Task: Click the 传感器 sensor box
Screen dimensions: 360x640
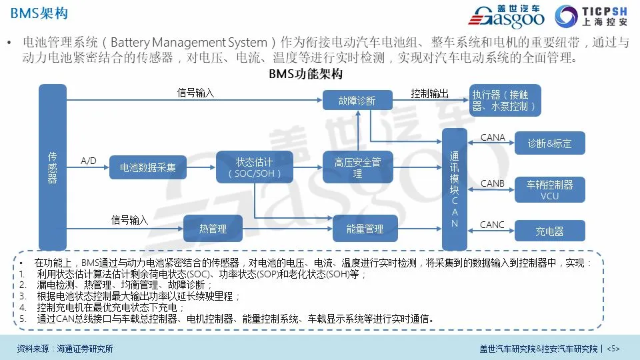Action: [53, 167]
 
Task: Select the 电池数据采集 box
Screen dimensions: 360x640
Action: [148, 167]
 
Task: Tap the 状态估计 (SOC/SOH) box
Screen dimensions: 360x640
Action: [255, 167]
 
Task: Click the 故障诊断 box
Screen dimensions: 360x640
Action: [357, 101]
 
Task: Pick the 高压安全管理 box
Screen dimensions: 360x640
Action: [357, 167]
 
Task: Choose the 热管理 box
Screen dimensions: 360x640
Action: [213, 229]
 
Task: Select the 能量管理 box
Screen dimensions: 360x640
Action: [365, 229]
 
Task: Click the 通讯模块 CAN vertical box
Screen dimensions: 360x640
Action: [455, 189]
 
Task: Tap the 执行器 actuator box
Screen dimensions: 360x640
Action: [505, 101]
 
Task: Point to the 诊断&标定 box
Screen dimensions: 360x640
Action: [549, 143]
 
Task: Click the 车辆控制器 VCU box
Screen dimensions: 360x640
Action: [549, 190]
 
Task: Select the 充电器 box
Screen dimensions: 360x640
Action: [549, 231]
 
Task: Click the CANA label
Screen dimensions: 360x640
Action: [493, 137]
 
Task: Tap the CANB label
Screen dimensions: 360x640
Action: [493, 183]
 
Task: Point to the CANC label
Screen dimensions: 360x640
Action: [493, 225]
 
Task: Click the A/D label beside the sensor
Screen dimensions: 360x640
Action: [89, 161]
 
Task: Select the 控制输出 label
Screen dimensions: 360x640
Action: [430, 93]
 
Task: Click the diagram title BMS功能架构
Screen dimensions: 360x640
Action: [306, 74]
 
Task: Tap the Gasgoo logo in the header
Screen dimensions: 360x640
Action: [513, 17]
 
